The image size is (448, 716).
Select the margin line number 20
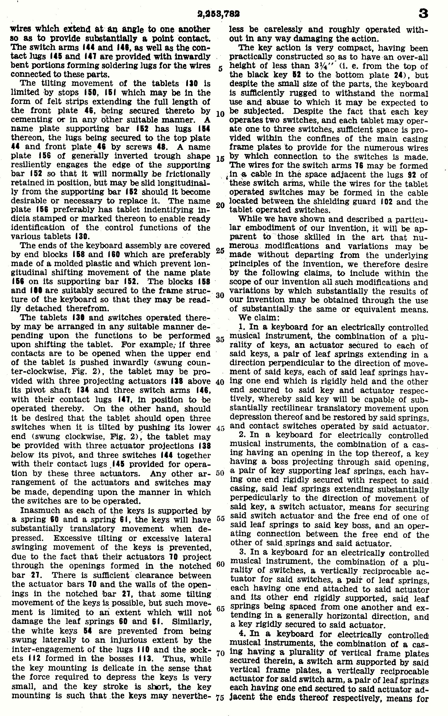(220, 205)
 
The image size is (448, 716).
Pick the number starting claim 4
(241, 634)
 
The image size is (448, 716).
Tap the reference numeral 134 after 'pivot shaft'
(81, 390)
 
